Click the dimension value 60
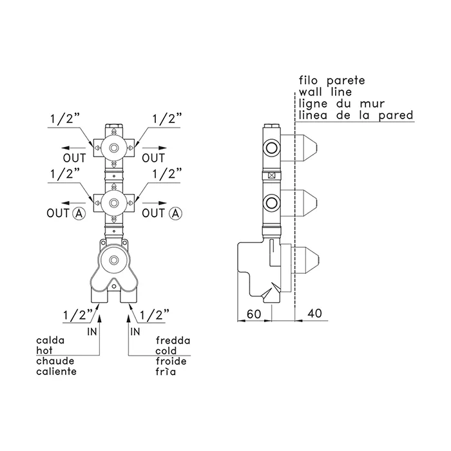(254, 314)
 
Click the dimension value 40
(314, 314)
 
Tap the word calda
(50, 340)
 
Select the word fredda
(173, 340)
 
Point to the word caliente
(57, 371)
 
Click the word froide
(171, 361)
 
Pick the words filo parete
(332, 81)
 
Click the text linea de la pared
(356, 115)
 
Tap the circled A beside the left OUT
(79, 213)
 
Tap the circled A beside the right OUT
(175, 213)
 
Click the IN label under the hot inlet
(92, 332)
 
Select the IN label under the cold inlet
(135, 332)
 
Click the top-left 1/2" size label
(65, 119)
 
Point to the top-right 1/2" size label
(167, 119)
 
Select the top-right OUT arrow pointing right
(155, 148)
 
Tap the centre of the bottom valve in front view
(114, 260)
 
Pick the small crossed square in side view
(271, 175)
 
